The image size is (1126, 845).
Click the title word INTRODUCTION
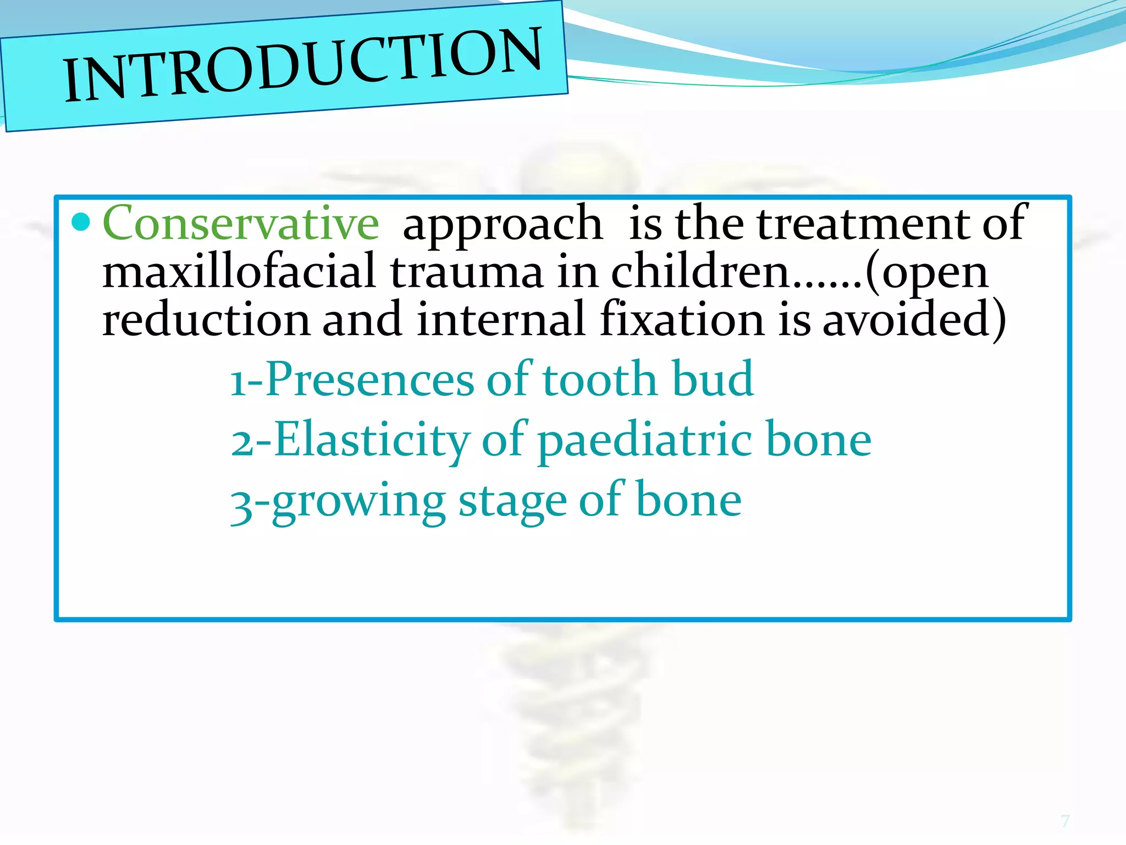(x=302, y=65)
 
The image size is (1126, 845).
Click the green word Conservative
(x=241, y=223)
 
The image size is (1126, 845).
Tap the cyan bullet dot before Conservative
(x=81, y=222)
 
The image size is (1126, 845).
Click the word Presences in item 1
(x=369, y=380)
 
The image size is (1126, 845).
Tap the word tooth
(x=600, y=380)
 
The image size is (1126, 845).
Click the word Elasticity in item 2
(x=372, y=440)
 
